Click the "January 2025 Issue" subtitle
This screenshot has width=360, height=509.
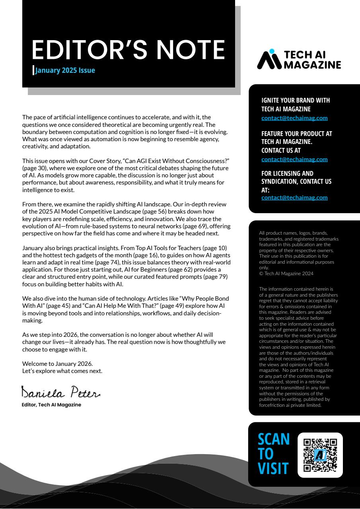tap(65, 70)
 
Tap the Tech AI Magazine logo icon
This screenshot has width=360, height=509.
tap(269, 59)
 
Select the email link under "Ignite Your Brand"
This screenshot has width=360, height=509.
tap(294, 118)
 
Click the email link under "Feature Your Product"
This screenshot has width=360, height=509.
tap(294, 159)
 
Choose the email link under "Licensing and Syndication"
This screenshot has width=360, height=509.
tap(294, 197)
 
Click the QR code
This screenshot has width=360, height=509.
tap(320, 455)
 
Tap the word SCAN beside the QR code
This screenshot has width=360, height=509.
tap(274, 439)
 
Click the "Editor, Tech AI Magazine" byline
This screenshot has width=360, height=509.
tap(51, 405)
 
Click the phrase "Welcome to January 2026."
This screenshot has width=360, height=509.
tap(57, 363)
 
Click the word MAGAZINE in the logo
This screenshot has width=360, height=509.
tap(312, 64)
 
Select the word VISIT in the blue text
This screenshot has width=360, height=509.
tap(273, 468)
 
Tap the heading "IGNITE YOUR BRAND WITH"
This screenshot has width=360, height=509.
tap(296, 100)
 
